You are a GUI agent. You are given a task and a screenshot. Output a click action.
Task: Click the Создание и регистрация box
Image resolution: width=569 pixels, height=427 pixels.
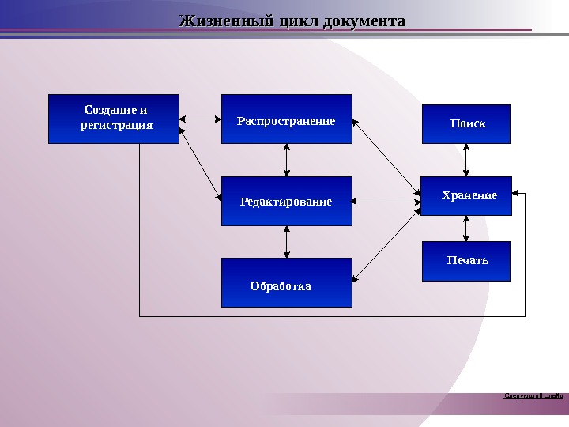click(114, 119)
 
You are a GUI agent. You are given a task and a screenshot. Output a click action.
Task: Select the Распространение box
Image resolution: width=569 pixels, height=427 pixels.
click(286, 120)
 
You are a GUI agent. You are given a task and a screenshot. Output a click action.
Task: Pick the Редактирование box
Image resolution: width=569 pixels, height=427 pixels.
click(286, 202)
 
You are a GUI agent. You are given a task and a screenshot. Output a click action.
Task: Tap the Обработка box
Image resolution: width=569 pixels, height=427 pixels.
click(286, 282)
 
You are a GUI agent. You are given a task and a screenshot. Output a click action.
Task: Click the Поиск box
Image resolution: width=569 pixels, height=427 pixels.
click(466, 123)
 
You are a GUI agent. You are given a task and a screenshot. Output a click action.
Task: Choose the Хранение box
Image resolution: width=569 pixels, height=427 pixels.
click(466, 195)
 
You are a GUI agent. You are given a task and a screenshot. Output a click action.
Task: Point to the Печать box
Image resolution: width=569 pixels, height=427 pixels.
click(466, 261)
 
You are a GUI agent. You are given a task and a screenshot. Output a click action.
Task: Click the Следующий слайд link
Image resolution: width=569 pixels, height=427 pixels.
click(534, 394)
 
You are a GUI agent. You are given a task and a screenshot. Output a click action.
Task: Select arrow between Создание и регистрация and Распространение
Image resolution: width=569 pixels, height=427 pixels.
click(200, 120)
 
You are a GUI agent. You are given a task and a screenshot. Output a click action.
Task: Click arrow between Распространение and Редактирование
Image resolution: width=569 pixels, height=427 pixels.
click(286, 161)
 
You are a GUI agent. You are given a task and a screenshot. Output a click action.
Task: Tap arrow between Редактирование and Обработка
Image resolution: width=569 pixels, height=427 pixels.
click(286, 242)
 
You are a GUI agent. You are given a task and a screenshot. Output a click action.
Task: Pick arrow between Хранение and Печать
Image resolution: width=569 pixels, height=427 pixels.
click(466, 228)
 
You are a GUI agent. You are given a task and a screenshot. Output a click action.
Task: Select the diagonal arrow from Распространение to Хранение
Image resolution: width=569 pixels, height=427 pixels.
click(386, 158)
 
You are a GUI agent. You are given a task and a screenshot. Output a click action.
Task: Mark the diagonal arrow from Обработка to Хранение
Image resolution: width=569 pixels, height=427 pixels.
click(386, 241)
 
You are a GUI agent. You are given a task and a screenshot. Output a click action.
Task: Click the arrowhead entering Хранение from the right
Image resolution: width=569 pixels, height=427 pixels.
click(516, 192)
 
